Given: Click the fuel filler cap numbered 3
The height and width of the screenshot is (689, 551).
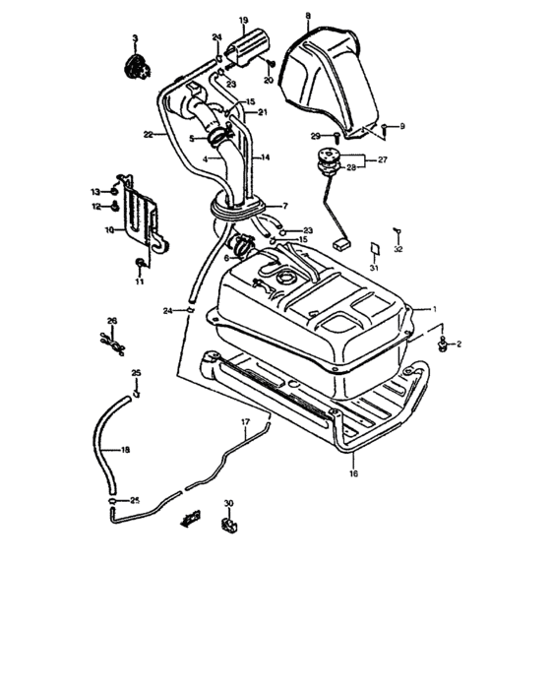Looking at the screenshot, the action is pyautogui.click(x=136, y=68).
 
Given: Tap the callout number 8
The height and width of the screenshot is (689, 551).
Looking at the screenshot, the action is pyautogui.click(x=308, y=16).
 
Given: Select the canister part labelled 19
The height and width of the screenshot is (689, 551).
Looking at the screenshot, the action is pyautogui.click(x=247, y=48).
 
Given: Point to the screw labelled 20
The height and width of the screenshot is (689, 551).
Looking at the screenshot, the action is pyautogui.click(x=271, y=64).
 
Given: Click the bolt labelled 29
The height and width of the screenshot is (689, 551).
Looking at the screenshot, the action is pyautogui.click(x=337, y=137).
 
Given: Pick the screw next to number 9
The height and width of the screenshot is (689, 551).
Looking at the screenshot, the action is pyautogui.click(x=385, y=128).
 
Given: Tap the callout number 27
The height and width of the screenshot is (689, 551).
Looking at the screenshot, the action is pyautogui.click(x=383, y=159).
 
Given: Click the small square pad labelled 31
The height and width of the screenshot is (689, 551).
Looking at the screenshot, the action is pyautogui.click(x=374, y=249).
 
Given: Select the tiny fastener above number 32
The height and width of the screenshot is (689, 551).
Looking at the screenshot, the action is pyautogui.click(x=398, y=230).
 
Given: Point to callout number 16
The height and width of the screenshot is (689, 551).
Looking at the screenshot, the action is pyautogui.click(x=353, y=473).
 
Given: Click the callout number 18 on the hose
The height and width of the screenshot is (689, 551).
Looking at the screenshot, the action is pyautogui.click(x=125, y=450).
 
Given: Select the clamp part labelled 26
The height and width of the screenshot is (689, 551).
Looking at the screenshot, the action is pyautogui.click(x=112, y=344).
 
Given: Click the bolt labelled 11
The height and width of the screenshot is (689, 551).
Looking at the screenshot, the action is pyautogui.click(x=140, y=263).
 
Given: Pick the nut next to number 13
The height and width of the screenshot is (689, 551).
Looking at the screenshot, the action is pyautogui.click(x=114, y=192).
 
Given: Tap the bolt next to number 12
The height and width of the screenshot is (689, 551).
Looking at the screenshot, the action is pyautogui.click(x=115, y=205).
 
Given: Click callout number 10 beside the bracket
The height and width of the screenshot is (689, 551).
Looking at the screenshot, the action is pyautogui.click(x=109, y=229).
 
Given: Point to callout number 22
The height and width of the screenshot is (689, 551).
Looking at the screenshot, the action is pyautogui.click(x=148, y=135).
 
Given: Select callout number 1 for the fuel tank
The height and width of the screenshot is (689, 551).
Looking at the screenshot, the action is pyautogui.click(x=435, y=309).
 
